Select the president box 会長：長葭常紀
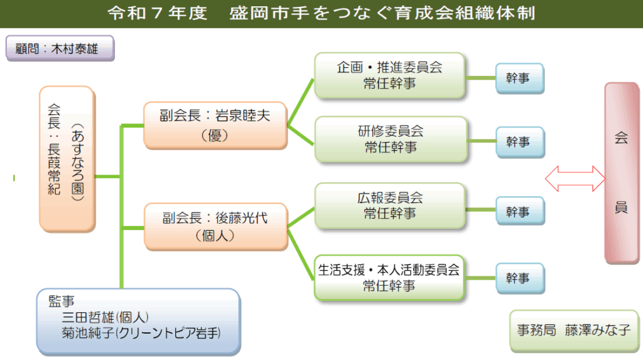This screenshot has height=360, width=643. point(66,159)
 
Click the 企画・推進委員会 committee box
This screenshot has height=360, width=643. point(389,75)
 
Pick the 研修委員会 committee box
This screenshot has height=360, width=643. point(389,139)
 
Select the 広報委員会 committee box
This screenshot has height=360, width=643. point(389,205)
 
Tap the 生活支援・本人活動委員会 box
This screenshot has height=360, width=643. point(389,277)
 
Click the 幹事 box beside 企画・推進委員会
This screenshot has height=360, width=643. point(519,79)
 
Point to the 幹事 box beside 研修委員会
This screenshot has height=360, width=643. point(519,142)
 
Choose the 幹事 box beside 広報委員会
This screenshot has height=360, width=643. point(519,211)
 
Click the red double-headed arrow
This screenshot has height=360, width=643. point(574,177)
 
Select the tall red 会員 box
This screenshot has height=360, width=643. point(621,172)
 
